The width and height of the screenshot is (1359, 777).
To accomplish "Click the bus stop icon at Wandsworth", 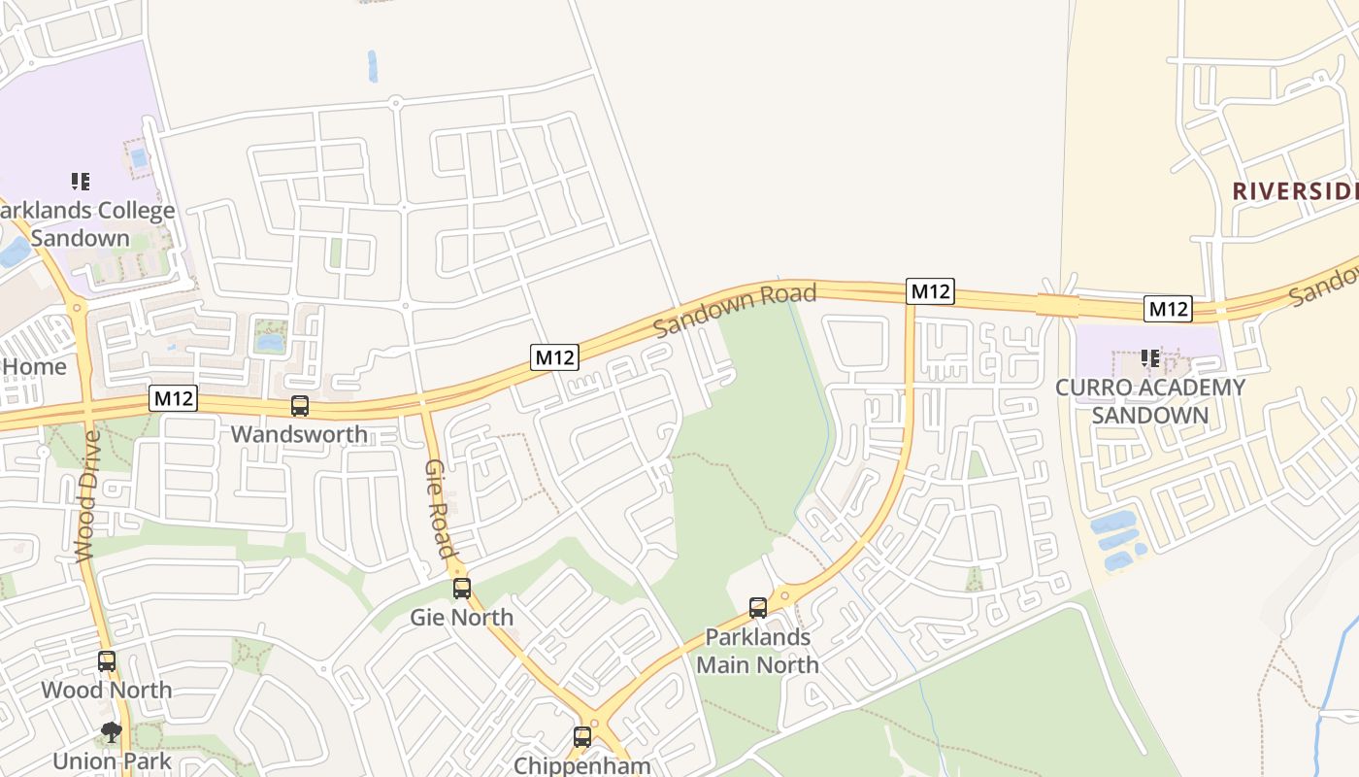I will coord(300,406).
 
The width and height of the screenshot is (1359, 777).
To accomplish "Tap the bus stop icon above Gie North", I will coord(462,588).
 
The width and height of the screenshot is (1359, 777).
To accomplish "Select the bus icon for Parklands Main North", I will coord(758,608).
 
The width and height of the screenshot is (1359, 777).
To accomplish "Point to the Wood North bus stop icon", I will coord(107,661).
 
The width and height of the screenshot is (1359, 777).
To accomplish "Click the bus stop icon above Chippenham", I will coord(582,736).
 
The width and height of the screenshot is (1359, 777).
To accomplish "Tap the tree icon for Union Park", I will coord(112,732).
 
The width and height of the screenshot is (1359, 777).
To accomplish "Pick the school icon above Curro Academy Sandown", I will coord(1150,358).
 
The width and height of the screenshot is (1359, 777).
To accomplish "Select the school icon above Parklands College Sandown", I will coord(81,181).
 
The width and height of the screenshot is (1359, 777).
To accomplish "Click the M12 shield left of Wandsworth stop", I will coord(174,398).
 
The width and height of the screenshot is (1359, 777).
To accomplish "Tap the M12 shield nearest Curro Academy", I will coord(1168,309).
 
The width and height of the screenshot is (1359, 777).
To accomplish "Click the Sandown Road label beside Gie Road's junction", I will coord(734,311).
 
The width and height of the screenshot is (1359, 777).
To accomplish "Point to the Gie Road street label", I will coord(441,509).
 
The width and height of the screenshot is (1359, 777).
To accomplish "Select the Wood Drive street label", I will coord(87,495).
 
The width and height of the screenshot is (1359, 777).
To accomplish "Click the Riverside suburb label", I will coord(1295,191).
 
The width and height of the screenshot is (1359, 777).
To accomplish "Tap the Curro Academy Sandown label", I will coord(1150,401).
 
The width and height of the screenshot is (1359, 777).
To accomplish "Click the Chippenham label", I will coord(582,765).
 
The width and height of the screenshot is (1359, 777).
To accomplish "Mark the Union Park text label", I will coord(112,761).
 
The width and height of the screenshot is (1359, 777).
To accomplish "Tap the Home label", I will coord(35,366).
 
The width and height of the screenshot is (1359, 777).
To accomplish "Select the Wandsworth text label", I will coord(300,433).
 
